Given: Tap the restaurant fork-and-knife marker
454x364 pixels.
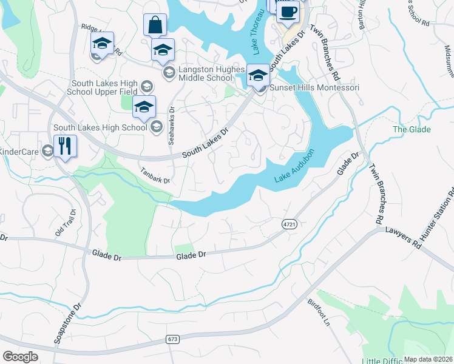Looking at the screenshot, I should pos(65,146).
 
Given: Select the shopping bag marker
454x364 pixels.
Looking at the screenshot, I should pos(155,25).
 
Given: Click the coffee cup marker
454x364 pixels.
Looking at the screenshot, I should pos(287,12).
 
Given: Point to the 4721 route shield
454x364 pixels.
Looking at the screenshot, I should pos(290,224).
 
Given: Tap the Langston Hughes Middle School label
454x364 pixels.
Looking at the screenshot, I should pos(205,73).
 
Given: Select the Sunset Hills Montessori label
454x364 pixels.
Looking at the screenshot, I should pos(314,88).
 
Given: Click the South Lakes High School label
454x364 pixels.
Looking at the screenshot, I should pos(100,127).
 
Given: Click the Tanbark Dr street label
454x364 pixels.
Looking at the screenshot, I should pos(155,176).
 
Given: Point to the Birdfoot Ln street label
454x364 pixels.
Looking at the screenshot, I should pos(318,311).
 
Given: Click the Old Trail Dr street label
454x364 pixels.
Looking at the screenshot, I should pos(66,223).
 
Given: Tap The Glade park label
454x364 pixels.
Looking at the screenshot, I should pos(412,129).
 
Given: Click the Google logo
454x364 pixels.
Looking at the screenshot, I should pos(20,357).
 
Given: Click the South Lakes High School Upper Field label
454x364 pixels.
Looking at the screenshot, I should pos(104,89).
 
